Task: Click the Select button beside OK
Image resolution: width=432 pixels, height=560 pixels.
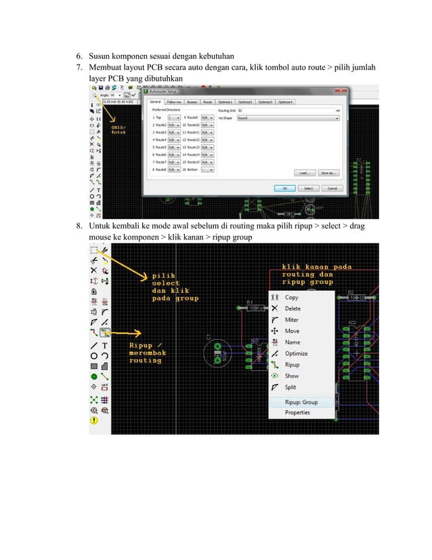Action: (x=308, y=188)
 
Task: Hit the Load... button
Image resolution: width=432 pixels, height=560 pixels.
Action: (x=304, y=173)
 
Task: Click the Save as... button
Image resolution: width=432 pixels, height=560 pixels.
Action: (x=328, y=173)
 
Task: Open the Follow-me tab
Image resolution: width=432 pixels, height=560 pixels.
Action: (x=174, y=102)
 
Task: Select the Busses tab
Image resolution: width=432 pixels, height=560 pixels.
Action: (x=192, y=102)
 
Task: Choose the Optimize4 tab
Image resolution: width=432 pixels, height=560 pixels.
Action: (x=285, y=102)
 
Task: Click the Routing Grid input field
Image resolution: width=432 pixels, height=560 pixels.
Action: (x=287, y=110)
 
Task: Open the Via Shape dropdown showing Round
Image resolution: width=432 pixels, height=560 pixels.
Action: (x=287, y=117)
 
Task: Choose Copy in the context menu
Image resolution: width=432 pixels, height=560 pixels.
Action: (x=292, y=297)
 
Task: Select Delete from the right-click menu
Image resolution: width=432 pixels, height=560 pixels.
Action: (x=293, y=308)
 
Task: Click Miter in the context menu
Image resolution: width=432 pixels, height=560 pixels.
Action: (x=292, y=319)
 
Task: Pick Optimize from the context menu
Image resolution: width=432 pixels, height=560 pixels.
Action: (x=296, y=353)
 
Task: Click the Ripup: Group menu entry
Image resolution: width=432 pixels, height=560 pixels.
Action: (x=301, y=402)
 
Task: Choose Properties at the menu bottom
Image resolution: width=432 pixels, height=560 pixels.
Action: (x=297, y=412)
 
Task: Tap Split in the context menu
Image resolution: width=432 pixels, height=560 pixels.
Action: (x=290, y=387)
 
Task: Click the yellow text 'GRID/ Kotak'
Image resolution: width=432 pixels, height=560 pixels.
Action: (x=119, y=129)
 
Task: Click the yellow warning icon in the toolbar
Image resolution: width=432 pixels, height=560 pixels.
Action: (x=94, y=420)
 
